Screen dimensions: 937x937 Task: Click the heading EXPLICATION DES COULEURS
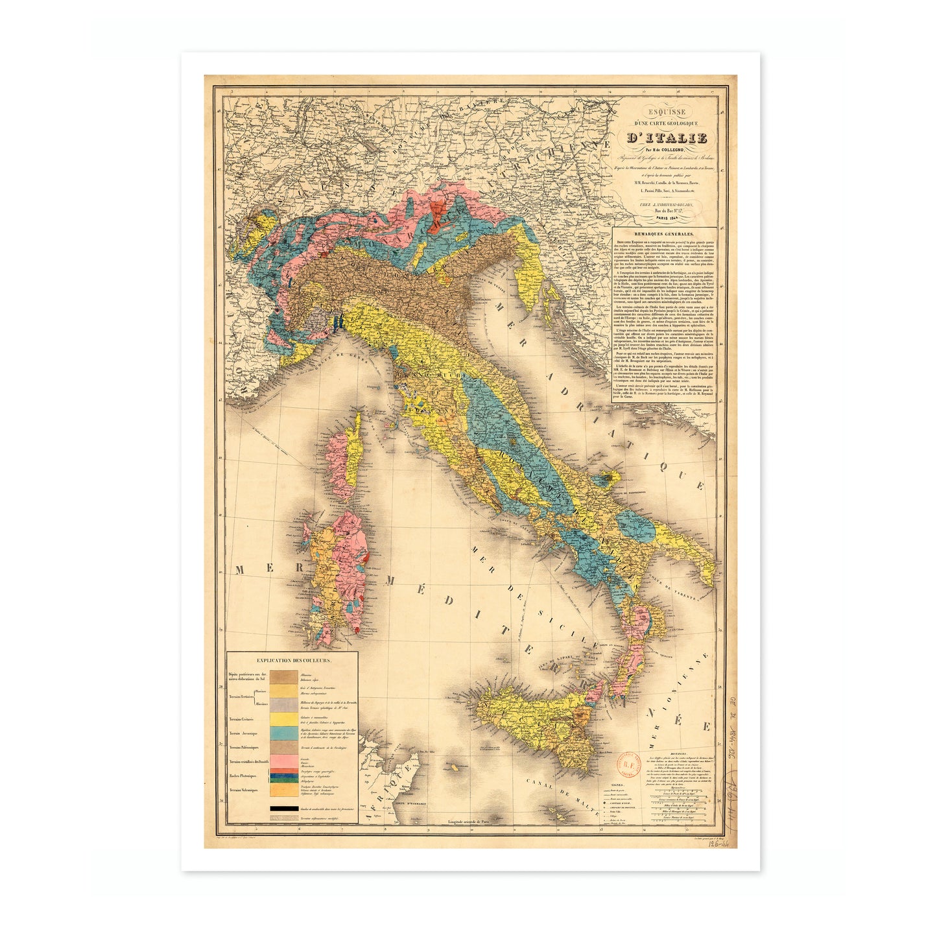point(294,660)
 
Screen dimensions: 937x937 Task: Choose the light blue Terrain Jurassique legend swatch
point(284,733)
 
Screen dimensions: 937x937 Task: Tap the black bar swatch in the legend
point(284,809)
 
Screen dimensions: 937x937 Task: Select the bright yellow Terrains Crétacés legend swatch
point(284,719)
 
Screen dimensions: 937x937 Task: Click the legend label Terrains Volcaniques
point(243,790)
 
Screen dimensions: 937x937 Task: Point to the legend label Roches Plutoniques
point(243,776)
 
